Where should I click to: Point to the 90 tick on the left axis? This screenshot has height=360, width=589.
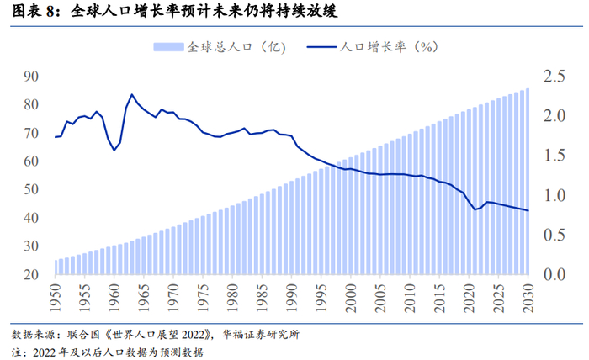pyautogui.click(x=32, y=77)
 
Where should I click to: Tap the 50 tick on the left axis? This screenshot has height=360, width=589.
pyautogui.click(x=32, y=190)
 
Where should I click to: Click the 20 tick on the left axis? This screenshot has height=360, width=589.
pyautogui.click(x=32, y=275)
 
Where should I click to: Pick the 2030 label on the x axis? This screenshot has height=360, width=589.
pyautogui.click(x=528, y=294)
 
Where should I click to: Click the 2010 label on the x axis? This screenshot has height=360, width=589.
pyautogui.click(x=411, y=294)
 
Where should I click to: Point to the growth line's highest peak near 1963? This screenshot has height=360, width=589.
pyautogui.click(x=132, y=95)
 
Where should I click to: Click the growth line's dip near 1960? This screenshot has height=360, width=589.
pyautogui.click(x=114, y=150)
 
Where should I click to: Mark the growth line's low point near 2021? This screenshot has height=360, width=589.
pyautogui.click(x=475, y=209)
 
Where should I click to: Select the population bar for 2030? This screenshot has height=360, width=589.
pyautogui.click(x=528, y=182)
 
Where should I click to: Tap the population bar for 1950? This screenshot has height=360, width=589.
pyautogui.click(x=56, y=267)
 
